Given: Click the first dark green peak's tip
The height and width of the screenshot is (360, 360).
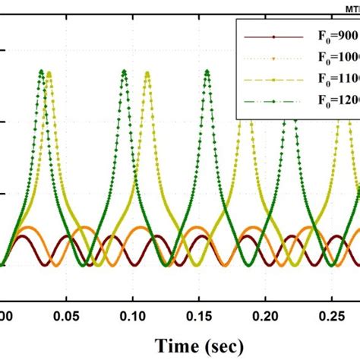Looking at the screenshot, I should pos(40,72).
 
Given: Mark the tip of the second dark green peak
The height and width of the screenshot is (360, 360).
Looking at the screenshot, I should pos(123,72).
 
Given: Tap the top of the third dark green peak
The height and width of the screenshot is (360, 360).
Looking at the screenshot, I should pos(206,72).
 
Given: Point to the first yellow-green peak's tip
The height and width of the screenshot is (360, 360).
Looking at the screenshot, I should pos(49,73).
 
